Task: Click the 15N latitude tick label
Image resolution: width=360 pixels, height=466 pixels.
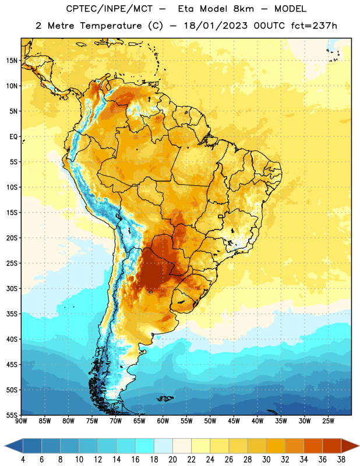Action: [x=12, y=61]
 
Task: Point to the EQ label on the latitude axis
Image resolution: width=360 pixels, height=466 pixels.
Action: [x=13, y=137]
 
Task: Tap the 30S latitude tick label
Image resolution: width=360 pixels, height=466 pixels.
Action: [x=12, y=288]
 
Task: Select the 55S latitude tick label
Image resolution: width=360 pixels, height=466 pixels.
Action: [x=12, y=415]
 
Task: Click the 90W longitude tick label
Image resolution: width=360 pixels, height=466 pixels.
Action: [x=21, y=421]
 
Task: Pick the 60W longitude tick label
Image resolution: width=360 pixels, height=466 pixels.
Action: [x=163, y=421]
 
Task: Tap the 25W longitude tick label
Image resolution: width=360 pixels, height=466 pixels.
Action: [x=328, y=421]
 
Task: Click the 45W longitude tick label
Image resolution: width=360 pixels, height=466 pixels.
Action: [x=234, y=421]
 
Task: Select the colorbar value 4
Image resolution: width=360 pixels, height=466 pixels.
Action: [x=23, y=460]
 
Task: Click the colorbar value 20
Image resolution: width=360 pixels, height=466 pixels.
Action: [x=172, y=460]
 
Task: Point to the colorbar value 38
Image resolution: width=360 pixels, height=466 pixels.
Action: [x=341, y=460]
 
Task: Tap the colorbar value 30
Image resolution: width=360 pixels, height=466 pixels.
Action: [x=266, y=460]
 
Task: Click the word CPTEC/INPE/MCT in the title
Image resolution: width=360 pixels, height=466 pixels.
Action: [x=109, y=9]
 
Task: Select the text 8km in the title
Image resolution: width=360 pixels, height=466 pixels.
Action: [x=243, y=9]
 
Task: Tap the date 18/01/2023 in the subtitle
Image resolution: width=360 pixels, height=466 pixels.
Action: [x=216, y=26]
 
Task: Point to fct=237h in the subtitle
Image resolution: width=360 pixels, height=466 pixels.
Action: [x=314, y=26]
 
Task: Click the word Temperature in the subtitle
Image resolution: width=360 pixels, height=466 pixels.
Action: [x=111, y=26]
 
